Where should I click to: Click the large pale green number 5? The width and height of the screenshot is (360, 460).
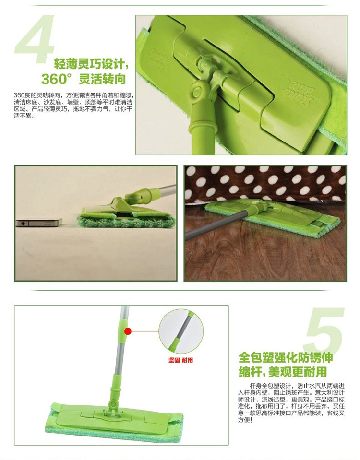[324, 330]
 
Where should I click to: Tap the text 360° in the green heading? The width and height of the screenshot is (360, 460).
[57, 79]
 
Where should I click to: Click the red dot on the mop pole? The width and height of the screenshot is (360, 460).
[128, 331]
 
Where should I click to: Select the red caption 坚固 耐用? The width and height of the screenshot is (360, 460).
[180, 360]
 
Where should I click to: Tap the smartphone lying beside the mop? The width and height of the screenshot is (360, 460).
[39, 222]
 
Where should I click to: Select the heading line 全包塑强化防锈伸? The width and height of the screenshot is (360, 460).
[286, 358]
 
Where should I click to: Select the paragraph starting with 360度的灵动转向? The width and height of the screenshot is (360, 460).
[73, 106]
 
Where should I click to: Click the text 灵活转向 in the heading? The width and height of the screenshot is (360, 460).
[102, 79]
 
